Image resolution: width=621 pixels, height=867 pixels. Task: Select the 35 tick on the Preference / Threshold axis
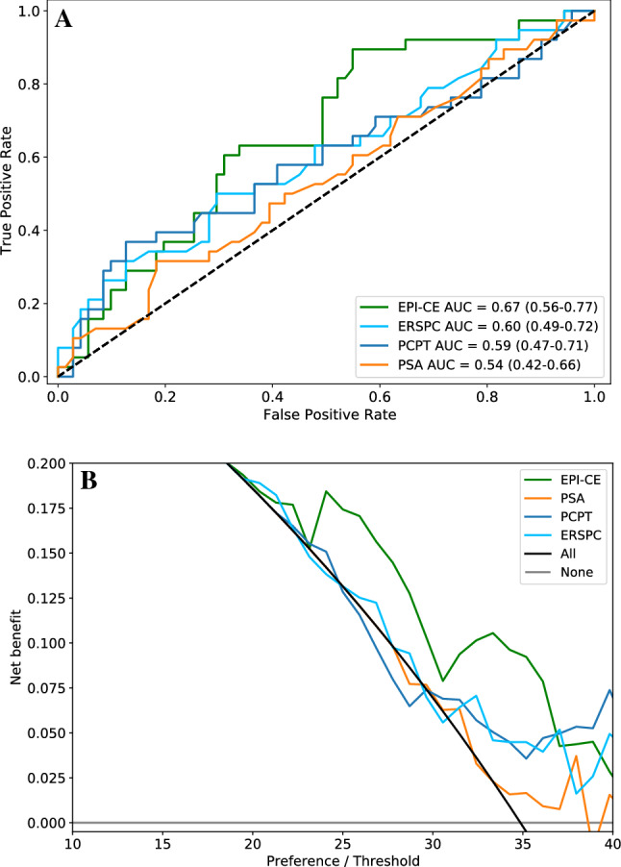[525, 842]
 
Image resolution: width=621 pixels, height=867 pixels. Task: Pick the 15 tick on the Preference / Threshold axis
[162, 842]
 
